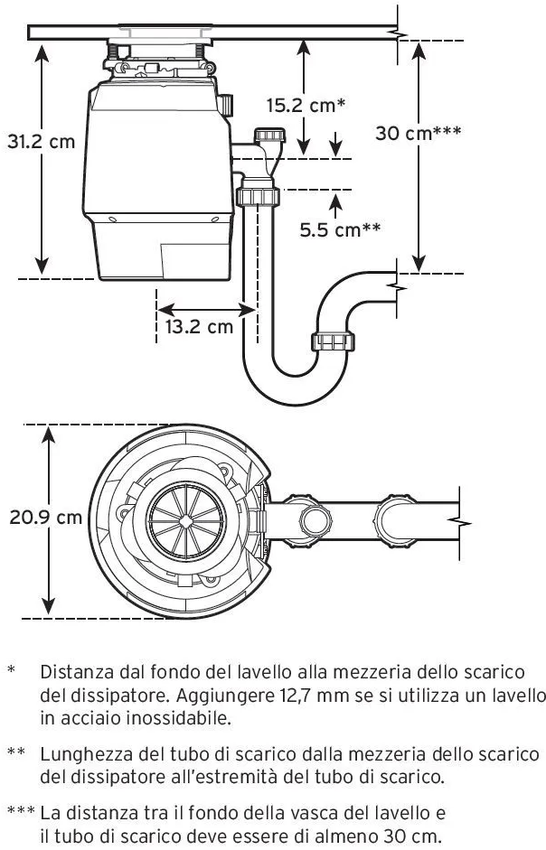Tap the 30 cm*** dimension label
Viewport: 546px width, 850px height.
click(419, 133)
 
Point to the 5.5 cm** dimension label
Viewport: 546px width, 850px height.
click(340, 229)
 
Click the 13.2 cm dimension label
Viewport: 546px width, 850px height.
click(199, 326)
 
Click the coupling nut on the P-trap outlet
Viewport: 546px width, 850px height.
click(332, 341)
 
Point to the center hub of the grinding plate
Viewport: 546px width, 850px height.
click(184, 520)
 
